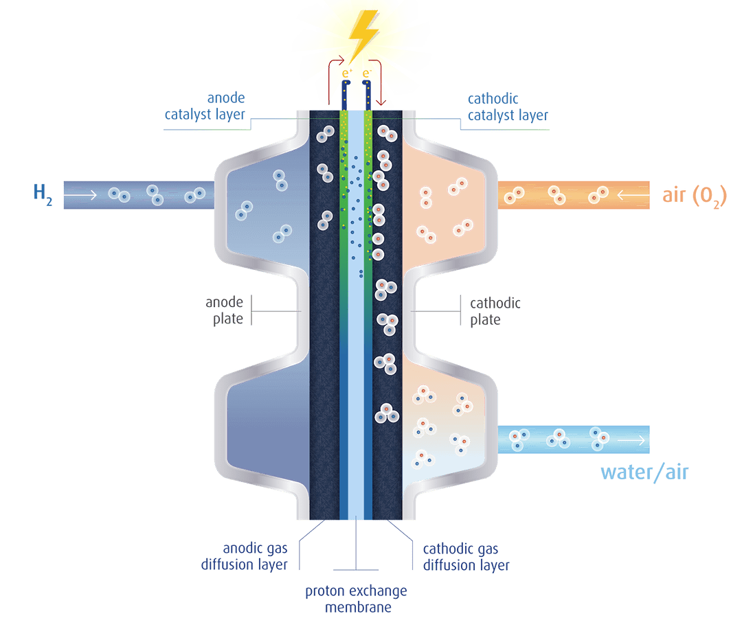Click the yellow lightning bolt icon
click(x=362, y=31)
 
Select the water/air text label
click(x=644, y=472)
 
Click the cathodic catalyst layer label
click(x=508, y=106)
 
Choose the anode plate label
click(x=225, y=311)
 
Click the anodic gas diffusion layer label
click(x=256, y=557)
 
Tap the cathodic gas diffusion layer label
click(x=464, y=557)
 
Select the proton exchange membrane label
click(x=357, y=599)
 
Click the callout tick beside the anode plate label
click(x=254, y=311)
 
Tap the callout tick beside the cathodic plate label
click(x=459, y=311)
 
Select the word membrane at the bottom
click(x=357, y=608)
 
